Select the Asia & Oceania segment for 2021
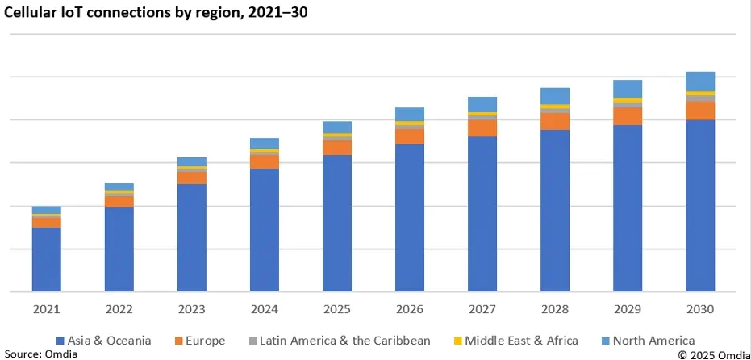click(47, 259)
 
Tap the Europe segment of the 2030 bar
click(700, 111)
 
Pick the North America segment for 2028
click(555, 96)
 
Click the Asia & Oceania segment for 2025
click(337, 223)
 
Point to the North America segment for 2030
click(700, 81)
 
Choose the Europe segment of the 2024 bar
click(265, 161)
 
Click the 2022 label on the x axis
click(119, 309)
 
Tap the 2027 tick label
click(482, 309)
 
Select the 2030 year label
click(700, 309)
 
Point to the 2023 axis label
click(192, 309)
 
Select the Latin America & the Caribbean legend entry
click(339, 341)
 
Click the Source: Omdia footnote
click(35, 354)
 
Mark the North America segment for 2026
click(410, 114)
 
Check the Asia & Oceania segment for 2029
click(628, 208)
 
